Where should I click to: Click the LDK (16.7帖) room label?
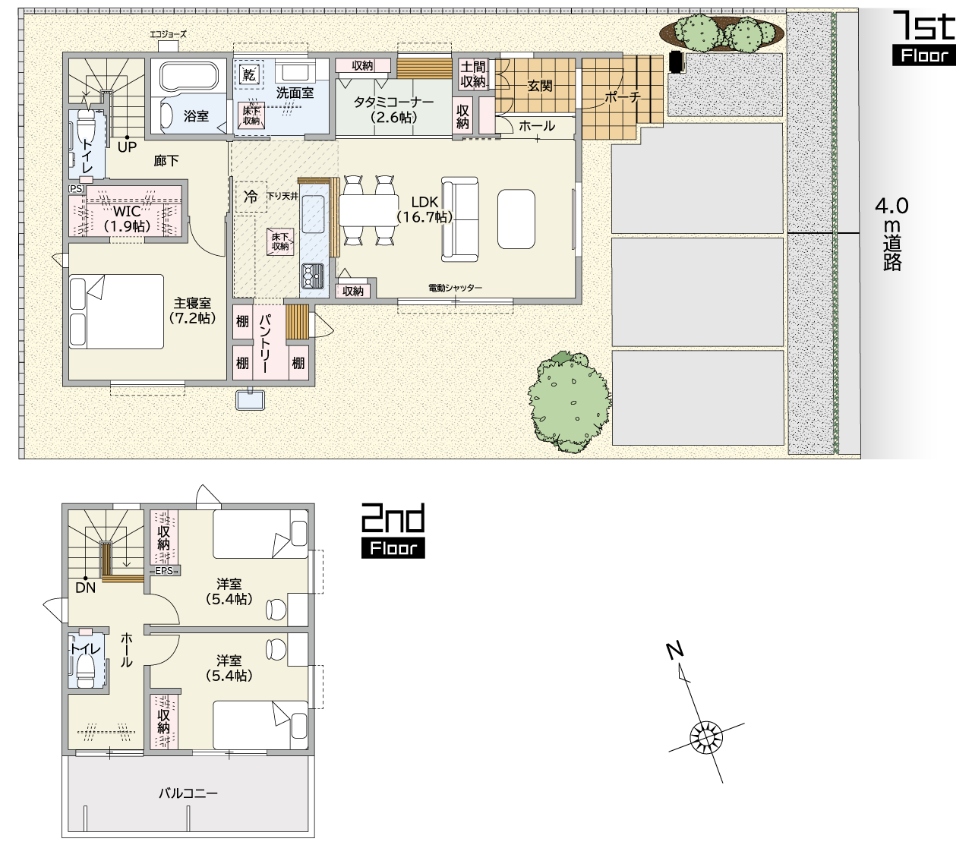point(424,210)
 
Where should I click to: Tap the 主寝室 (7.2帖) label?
point(192,311)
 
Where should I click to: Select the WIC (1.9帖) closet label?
point(127,219)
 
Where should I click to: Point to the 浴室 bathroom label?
point(196,115)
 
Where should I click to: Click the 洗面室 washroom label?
point(295,93)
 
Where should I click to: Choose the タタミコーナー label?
point(393,102)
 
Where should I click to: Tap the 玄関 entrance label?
point(540,86)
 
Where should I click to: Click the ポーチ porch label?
point(623,97)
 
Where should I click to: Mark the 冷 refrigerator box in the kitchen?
point(251,197)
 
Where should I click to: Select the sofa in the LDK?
point(459,219)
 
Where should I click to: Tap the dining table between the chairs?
point(368,210)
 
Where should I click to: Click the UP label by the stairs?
point(127,147)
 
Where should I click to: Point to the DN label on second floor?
point(86,588)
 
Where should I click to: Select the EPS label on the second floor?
point(164,571)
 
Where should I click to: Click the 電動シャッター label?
point(455,288)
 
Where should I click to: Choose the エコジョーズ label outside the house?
point(168,34)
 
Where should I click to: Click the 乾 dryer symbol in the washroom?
point(249,74)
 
